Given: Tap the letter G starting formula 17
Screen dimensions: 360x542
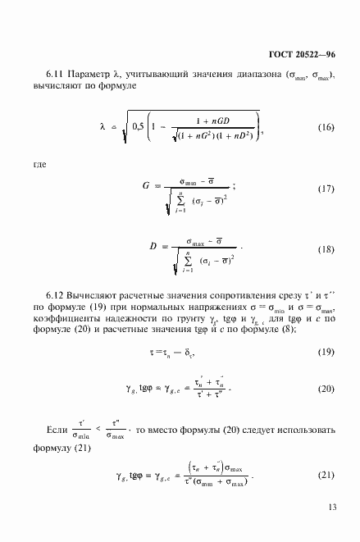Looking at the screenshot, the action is (146, 187).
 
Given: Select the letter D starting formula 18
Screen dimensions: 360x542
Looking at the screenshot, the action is (146, 248).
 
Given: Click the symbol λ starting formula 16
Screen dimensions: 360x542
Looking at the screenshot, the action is (103, 127).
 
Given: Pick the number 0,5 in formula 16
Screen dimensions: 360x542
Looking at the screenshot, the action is (131, 126).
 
